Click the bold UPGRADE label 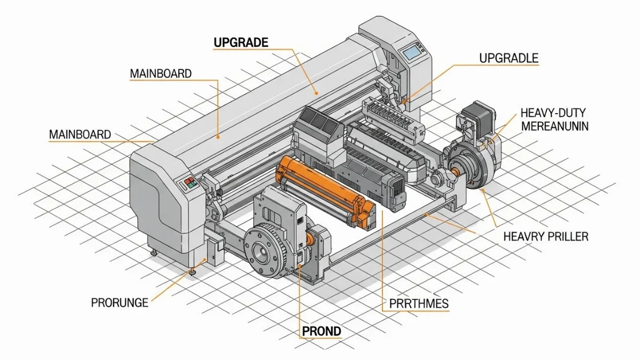pos(241,43)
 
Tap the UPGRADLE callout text pos(509,58)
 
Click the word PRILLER pos(569,236)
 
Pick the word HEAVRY pos(524,236)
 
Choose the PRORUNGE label pos(119,302)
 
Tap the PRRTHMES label pos(415,304)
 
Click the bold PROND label pos(321,331)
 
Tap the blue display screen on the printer pos(412,52)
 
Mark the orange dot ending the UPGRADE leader pos(316,92)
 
